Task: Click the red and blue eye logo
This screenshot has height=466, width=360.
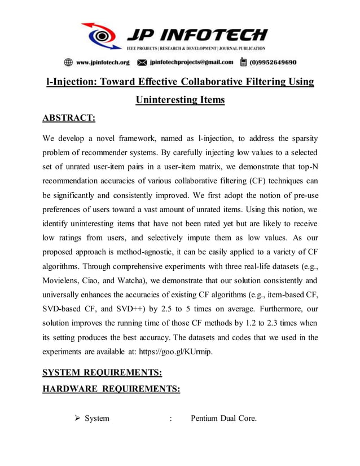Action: tap(102, 35)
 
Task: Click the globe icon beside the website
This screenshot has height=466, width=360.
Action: tap(68, 62)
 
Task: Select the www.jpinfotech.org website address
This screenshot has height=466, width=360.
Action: tap(103, 62)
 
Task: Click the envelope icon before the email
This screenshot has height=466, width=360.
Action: tap(142, 62)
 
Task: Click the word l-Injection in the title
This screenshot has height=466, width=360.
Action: tap(71, 82)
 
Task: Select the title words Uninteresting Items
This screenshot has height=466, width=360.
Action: tap(180, 100)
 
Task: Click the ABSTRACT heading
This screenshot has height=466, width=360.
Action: tap(69, 118)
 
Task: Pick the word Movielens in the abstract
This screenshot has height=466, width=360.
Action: tap(63, 280)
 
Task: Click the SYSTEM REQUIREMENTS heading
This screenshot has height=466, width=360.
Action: tap(102, 373)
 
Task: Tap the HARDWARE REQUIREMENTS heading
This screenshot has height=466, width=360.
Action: tap(111, 389)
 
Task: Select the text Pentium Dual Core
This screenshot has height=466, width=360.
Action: tap(223, 419)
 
